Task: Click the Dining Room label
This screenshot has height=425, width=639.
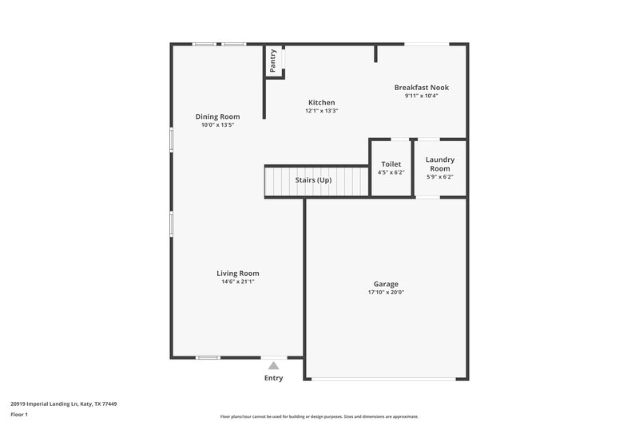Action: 217,116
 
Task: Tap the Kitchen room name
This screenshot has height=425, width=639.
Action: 321,102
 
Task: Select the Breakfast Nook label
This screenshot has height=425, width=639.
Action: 421,87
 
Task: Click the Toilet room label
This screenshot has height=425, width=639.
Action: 391,163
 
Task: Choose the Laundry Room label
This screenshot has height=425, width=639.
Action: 439,163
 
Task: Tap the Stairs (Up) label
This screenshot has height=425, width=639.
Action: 313,180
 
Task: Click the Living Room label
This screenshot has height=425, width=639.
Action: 238,273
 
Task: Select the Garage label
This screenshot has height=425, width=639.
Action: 386,284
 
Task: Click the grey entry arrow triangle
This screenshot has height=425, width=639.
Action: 273,366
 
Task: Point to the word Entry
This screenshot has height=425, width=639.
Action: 273,378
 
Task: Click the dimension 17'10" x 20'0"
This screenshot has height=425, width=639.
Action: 386,293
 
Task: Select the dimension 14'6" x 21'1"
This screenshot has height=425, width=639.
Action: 238,281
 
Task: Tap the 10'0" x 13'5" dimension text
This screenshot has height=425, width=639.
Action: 217,125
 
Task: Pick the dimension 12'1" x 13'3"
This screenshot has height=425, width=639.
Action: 321,111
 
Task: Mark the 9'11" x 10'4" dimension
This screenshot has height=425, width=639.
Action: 421,96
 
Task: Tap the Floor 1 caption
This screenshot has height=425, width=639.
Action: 19,415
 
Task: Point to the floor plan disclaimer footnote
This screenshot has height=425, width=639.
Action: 319,416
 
